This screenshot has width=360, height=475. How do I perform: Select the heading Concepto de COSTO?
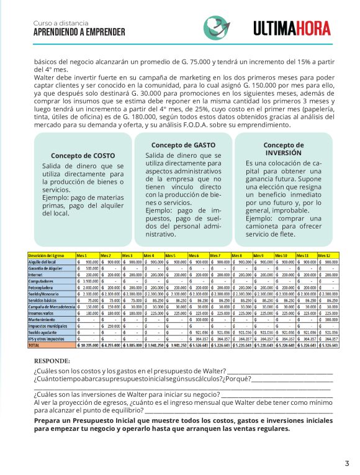click(83, 156)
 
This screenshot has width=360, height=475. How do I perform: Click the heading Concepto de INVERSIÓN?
click(283, 148)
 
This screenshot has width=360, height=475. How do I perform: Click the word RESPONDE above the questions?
click(52, 360)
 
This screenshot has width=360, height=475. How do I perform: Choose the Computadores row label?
click(40, 280)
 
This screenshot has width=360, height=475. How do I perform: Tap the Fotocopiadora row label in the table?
click(40, 289)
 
